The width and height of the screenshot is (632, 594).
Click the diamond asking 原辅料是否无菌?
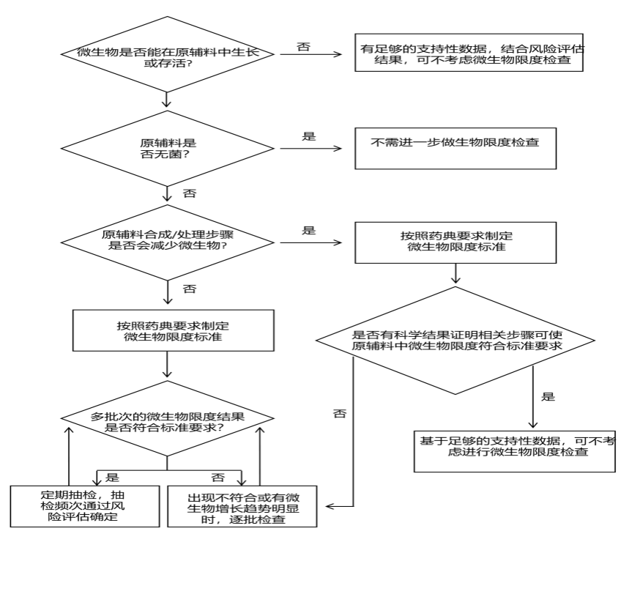(x=168, y=147)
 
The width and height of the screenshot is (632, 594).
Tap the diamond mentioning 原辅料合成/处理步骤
(x=168, y=240)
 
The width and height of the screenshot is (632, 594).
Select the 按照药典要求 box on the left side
(x=168, y=330)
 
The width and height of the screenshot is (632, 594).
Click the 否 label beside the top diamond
(x=303, y=47)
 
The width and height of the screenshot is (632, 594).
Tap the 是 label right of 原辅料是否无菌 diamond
(x=309, y=137)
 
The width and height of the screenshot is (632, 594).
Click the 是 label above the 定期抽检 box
(x=111, y=476)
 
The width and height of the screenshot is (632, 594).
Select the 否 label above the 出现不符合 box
(x=218, y=477)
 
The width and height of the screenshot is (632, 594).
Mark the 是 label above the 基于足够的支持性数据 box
(x=547, y=397)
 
